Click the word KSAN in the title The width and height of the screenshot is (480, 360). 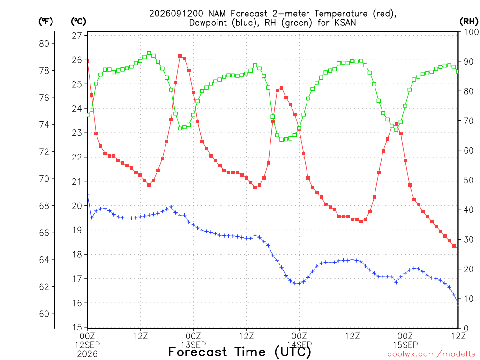point(345,23)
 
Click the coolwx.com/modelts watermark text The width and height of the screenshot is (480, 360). point(431,354)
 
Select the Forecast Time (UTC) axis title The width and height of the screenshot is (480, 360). point(240,352)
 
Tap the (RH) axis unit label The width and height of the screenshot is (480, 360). point(469,21)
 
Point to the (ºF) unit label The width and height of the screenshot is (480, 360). point(46,22)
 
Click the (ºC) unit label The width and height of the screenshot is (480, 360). point(79,22)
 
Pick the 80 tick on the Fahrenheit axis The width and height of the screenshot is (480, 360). point(44,44)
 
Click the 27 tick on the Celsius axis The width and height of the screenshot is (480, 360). point(77,36)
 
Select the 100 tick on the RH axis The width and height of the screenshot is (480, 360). point(471,32)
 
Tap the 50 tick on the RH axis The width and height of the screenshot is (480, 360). point(469,180)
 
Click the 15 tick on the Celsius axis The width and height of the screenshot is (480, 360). point(77,327)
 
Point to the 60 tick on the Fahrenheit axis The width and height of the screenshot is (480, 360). point(44,314)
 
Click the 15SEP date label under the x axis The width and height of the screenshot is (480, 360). point(405,345)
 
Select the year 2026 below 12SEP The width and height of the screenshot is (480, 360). point(87,354)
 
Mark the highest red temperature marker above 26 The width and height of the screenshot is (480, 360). point(180,56)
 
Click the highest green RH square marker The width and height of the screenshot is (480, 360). point(149,53)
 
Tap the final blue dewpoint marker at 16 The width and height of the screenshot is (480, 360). point(458,303)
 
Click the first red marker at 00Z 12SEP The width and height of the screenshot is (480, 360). point(88,61)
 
